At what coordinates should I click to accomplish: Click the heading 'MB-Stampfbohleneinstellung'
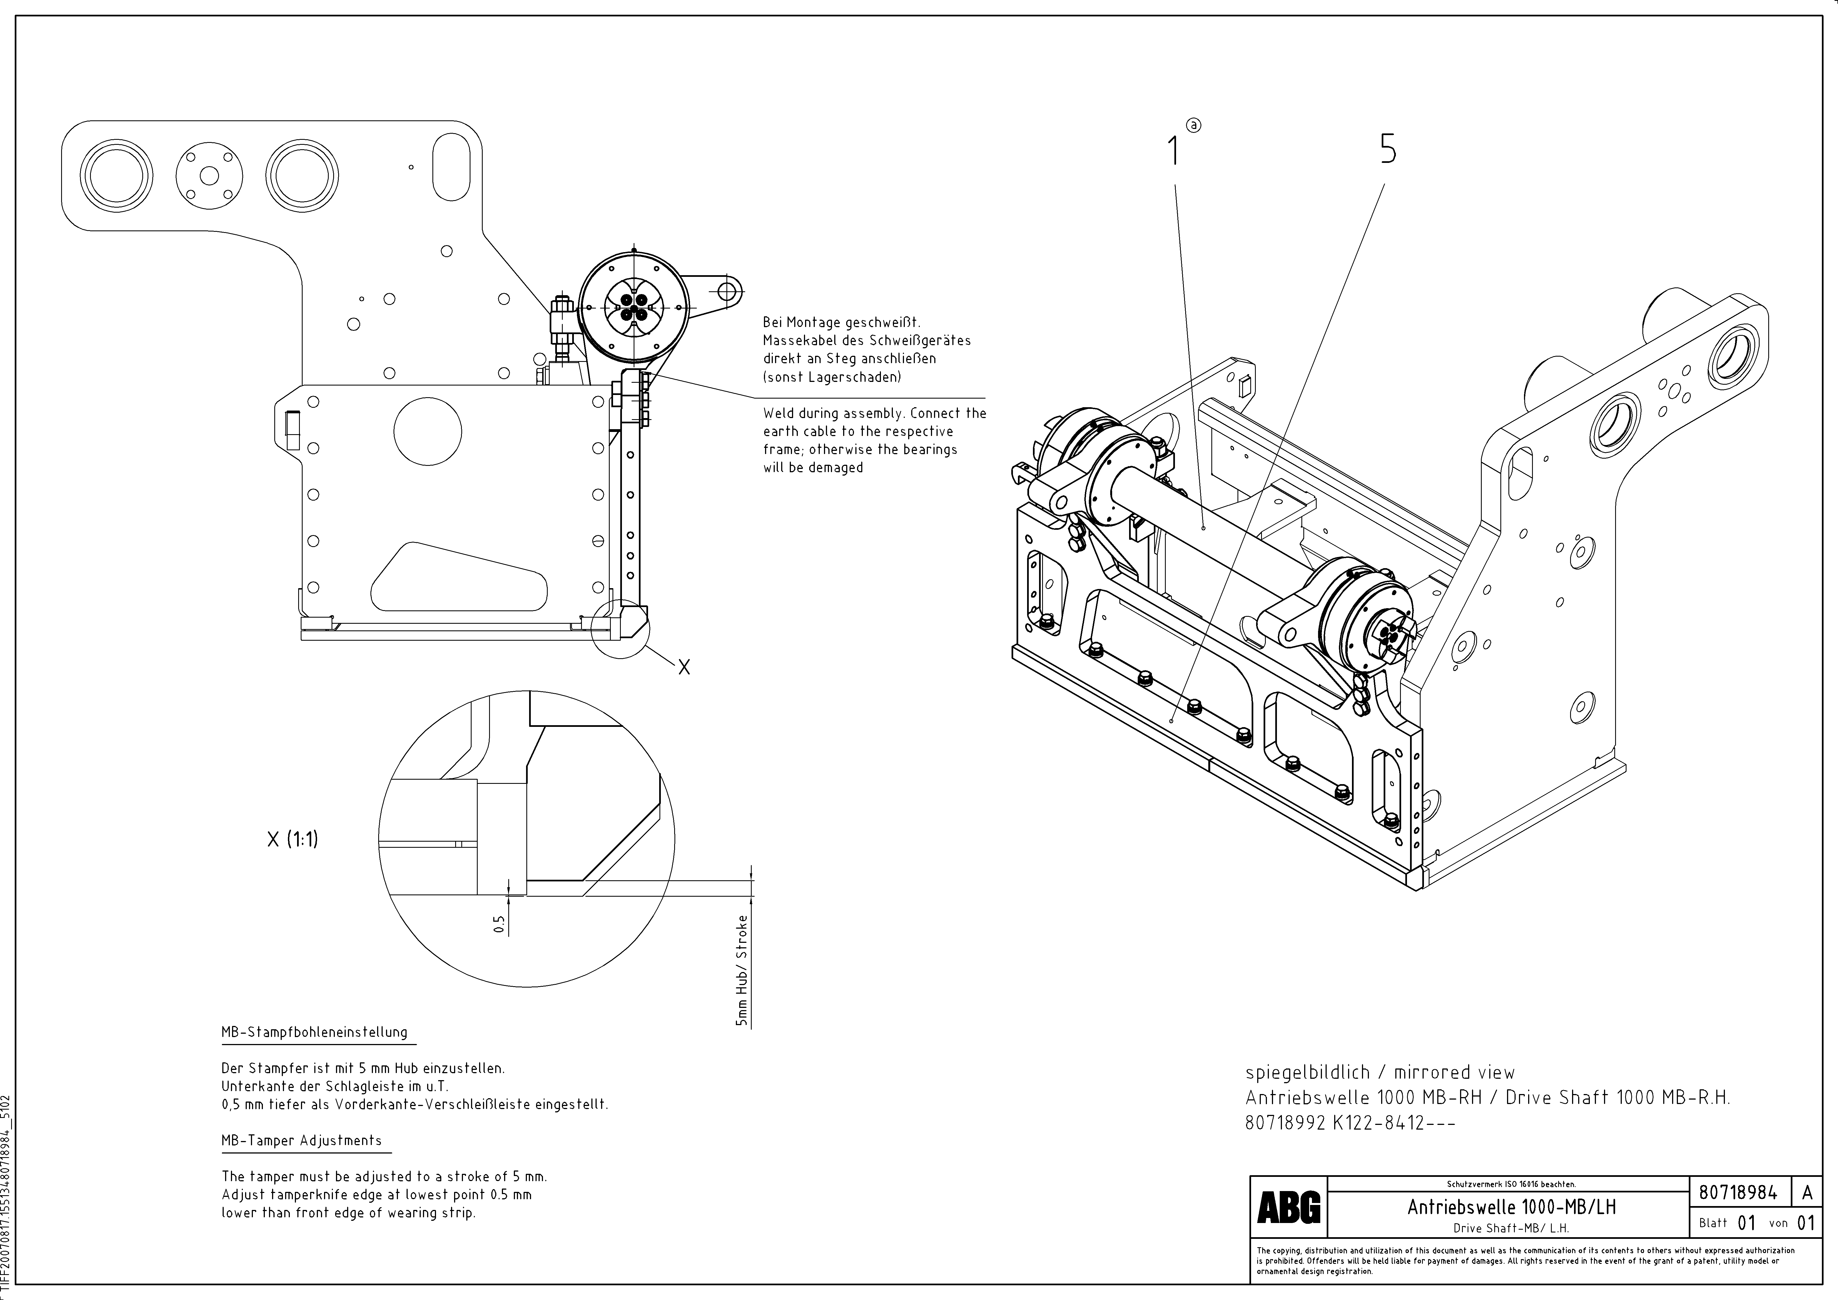coord(315,1033)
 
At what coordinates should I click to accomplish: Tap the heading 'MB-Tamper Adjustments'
coord(302,1141)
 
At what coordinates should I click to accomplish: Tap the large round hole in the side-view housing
coord(427,431)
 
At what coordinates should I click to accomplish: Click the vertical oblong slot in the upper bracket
coord(450,168)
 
